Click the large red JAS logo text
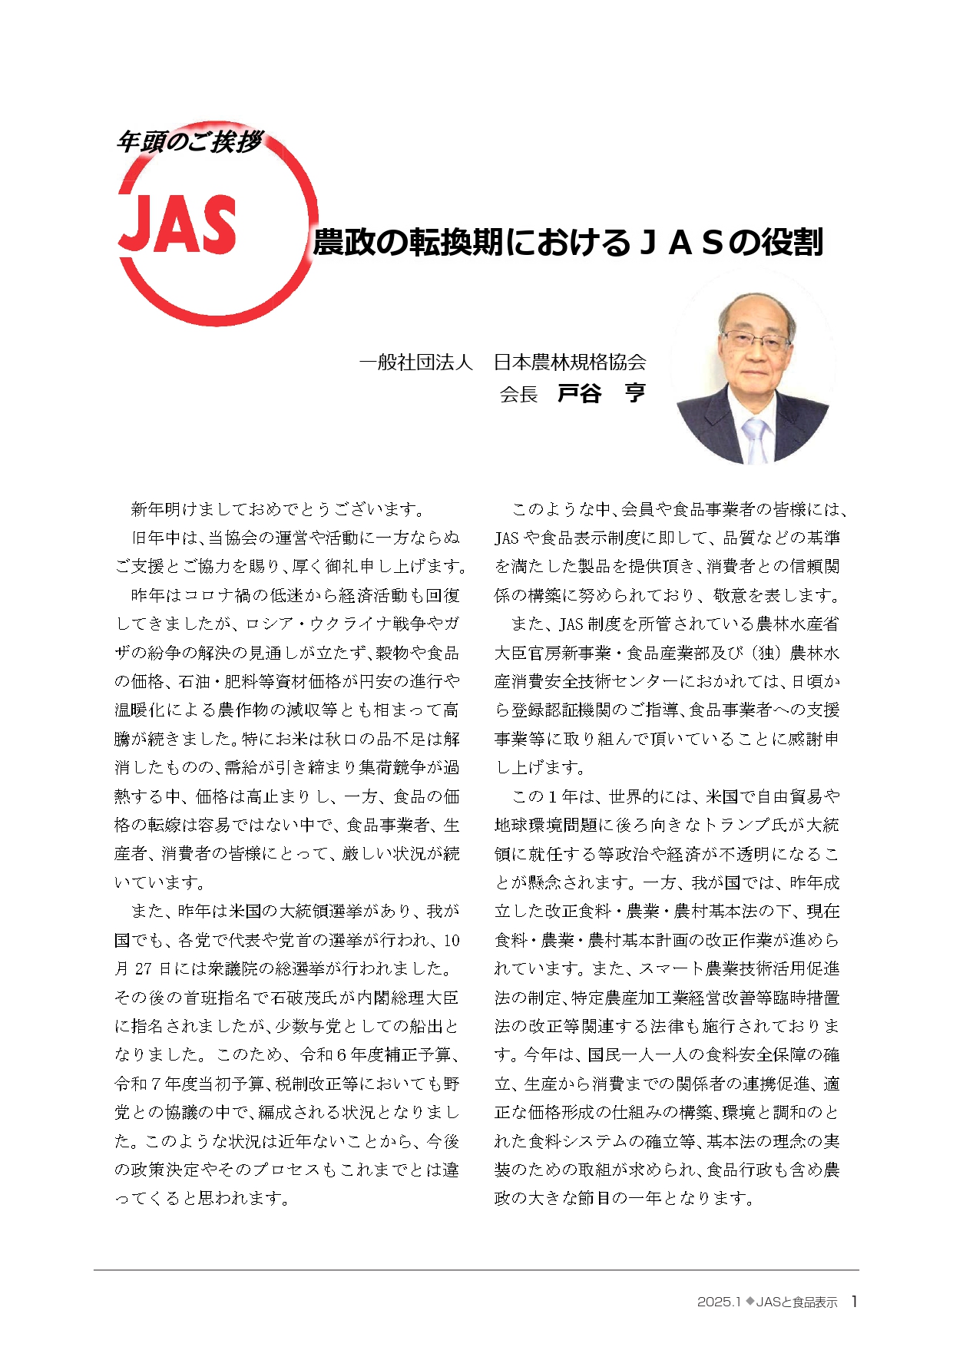pos(177,223)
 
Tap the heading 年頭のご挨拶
pos(189,142)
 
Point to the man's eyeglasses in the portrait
pos(754,339)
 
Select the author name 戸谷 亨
pos(601,394)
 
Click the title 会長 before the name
pos(518,395)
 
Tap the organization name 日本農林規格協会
pos(570,362)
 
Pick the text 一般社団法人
pos(415,362)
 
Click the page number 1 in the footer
pos(854,1302)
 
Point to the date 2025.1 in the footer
pos(718,1302)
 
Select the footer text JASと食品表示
pos(796,1302)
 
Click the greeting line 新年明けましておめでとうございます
pos(277,509)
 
